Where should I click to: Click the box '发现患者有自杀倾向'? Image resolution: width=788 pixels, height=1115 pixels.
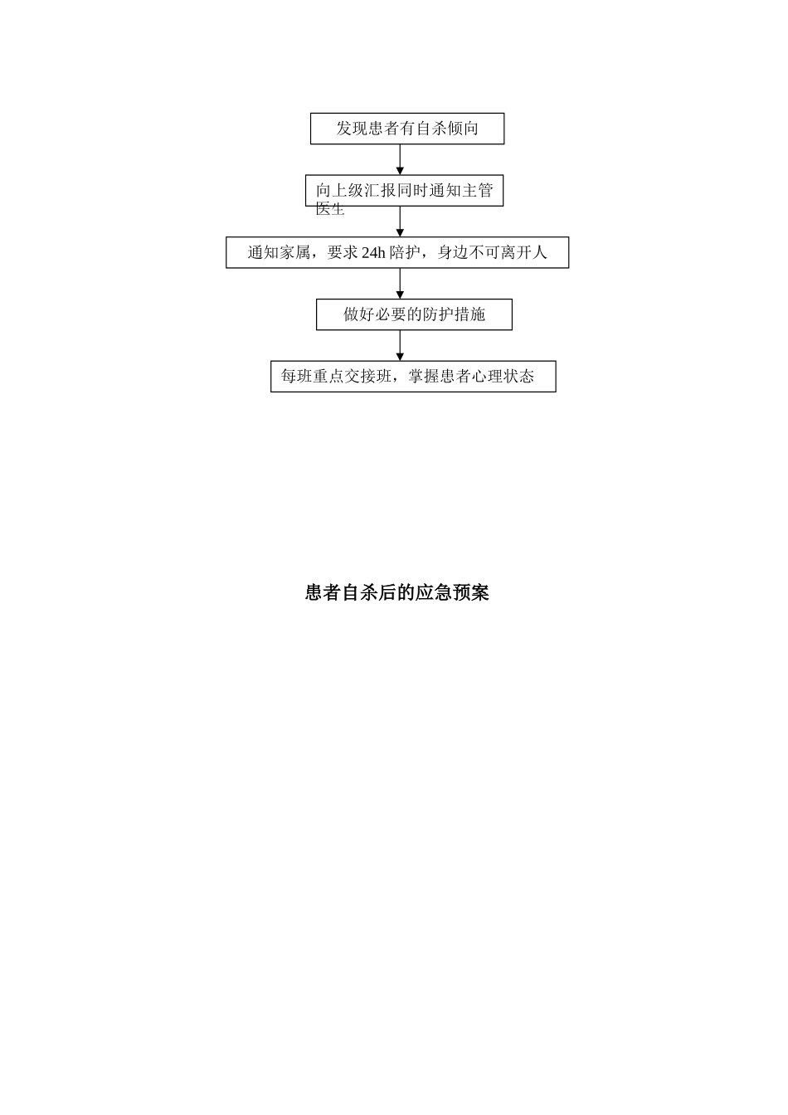coord(406,129)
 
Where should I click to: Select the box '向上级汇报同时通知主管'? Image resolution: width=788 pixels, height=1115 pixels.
coord(404,191)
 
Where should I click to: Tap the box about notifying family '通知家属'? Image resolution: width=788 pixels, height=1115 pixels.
coord(397,252)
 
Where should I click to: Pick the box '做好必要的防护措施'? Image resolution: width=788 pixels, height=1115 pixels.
coord(414,314)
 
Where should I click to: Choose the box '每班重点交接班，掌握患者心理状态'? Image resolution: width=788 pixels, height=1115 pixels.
coord(413,376)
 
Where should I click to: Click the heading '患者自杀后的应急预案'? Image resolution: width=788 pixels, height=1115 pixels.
coord(396,592)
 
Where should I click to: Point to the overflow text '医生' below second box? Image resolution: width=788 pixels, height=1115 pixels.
coord(330,209)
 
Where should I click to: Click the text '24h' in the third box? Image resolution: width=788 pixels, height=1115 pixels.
coord(373,253)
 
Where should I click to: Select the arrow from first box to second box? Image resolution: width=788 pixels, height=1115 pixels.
coord(400,159)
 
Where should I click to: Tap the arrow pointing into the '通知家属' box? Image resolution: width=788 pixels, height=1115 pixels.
coord(400,222)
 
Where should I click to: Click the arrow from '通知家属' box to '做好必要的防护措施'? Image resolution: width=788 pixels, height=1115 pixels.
coord(400,283)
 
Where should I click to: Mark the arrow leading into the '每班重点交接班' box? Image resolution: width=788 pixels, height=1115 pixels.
coord(400,345)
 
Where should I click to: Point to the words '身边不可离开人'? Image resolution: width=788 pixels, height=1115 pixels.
coord(493,252)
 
